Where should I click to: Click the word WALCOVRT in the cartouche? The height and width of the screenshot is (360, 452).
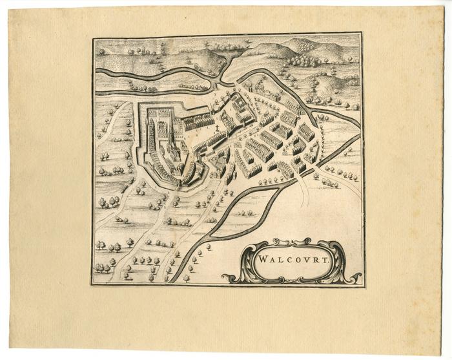tap(291, 262)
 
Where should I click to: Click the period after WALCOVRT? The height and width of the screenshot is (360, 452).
tap(328, 264)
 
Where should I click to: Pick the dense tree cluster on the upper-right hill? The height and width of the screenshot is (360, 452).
tap(301, 60)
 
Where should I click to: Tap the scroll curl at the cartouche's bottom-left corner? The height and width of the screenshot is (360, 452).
tap(230, 279)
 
